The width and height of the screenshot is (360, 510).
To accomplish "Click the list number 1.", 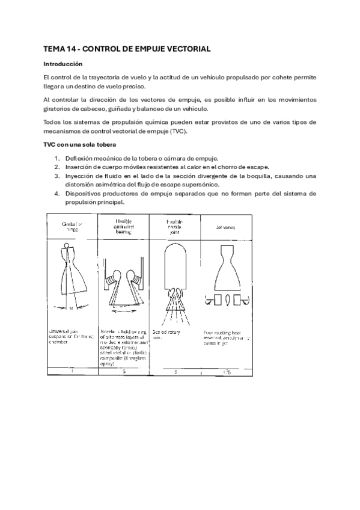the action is [x=57, y=158].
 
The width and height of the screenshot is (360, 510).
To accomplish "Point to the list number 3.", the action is [x=57, y=176].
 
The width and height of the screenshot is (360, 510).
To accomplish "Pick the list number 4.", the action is [x=57, y=194].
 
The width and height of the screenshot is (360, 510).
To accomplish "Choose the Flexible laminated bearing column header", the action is [x=123, y=227].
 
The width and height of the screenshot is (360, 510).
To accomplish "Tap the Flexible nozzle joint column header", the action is [x=174, y=226].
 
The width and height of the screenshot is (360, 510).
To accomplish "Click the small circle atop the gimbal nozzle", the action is [x=66, y=247].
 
